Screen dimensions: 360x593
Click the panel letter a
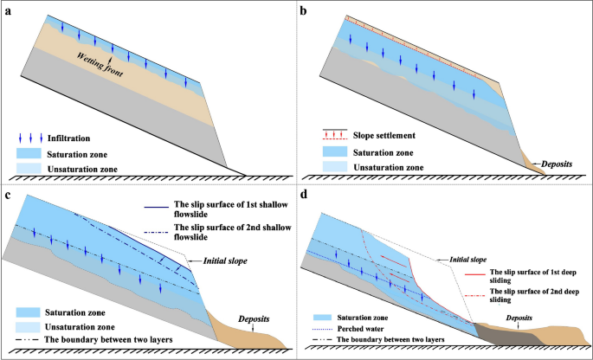(x=8, y=10)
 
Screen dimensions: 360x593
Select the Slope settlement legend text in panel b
(x=385, y=135)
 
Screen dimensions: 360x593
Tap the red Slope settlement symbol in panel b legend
(x=332, y=136)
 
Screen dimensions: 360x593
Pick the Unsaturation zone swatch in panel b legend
(x=332, y=165)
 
